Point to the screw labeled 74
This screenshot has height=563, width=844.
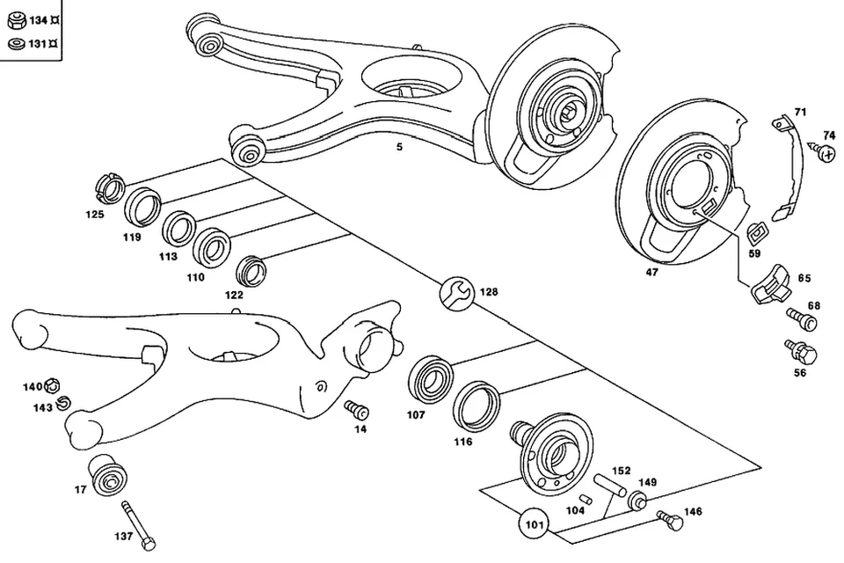[x=826, y=154]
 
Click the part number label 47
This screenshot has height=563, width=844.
[x=651, y=273]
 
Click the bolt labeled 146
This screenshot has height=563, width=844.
[x=671, y=521]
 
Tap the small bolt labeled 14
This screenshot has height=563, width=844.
[x=357, y=409]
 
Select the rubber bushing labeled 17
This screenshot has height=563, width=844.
[x=108, y=475]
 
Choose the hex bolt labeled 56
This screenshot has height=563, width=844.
[x=804, y=352]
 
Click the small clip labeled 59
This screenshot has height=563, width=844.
[x=754, y=234]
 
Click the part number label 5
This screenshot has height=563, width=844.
[x=399, y=147]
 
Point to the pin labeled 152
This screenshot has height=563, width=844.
[x=611, y=486]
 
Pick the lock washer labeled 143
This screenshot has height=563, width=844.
[x=62, y=404]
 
